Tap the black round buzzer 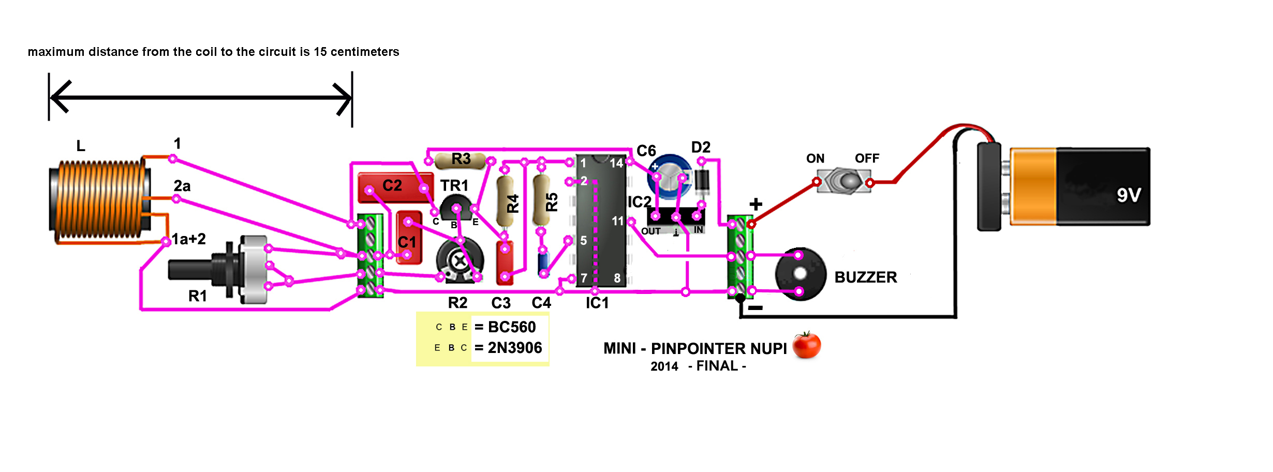(x=800, y=274)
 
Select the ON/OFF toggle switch (x=843, y=181)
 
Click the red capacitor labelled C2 (x=394, y=187)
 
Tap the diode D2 (x=702, y=181)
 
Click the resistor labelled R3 (x=461, y=160)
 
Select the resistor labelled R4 (x=505, y=202)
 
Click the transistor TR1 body (x=455, y=207)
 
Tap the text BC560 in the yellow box (x=512, y=327)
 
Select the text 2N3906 (x=515, y=348)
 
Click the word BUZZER (x=866, y=277)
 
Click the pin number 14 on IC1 (x=616, y=164)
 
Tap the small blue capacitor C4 (x=543, y=263)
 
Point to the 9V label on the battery (x=1128, y=195)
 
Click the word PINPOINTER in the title (x=718, y=349)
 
